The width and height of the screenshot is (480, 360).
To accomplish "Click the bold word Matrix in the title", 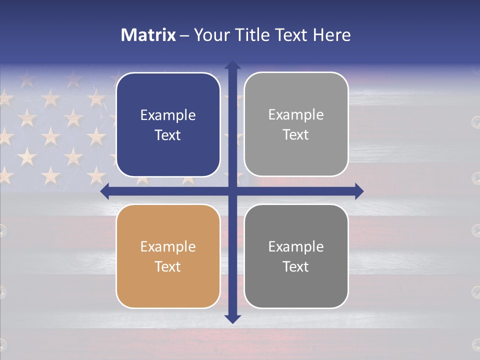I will (148, 35).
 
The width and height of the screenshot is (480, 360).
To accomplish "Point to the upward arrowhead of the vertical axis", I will (232, 65).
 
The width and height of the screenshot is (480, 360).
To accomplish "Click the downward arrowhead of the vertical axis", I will (232, 318).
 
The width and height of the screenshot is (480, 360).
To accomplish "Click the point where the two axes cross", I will (232, 191).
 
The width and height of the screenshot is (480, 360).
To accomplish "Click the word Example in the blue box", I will (168, 115).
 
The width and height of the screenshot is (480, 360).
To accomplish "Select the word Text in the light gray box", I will (296, 135).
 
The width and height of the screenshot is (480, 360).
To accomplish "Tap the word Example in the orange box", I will (168, 247).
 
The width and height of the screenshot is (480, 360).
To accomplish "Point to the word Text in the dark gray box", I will (296, 267).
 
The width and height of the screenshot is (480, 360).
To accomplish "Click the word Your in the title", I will (209, 35).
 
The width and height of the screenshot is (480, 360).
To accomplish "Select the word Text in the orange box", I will (168, 267).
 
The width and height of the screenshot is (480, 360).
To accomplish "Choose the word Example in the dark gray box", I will (296, 247).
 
